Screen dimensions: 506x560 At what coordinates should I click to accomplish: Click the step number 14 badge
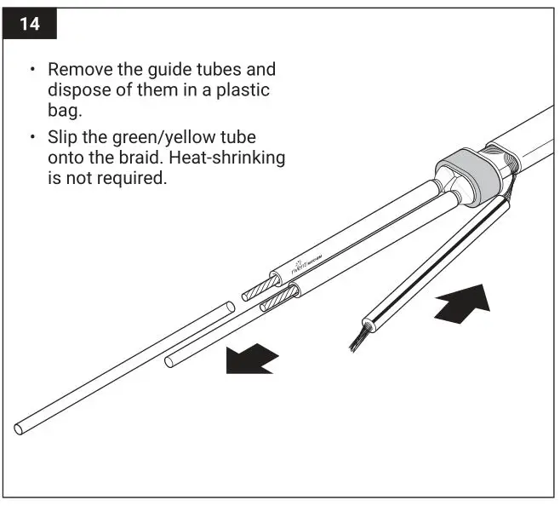coord(30,23)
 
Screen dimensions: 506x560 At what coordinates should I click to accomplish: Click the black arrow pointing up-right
coord(461,306)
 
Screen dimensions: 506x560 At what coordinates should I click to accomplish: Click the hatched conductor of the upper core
coord(256,290)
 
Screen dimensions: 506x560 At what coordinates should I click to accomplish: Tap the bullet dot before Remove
coord(32,70)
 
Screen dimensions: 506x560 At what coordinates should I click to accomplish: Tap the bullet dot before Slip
coord(32,137)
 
